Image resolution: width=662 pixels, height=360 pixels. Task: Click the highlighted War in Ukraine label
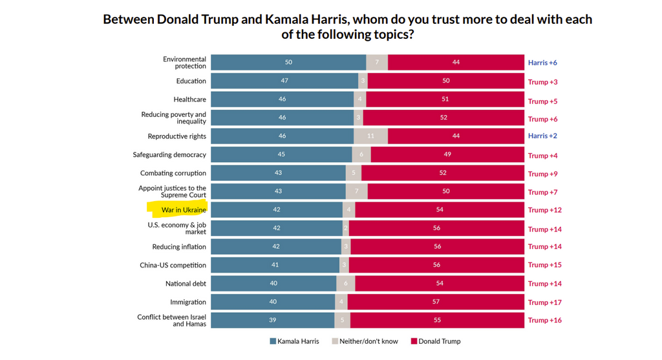184,210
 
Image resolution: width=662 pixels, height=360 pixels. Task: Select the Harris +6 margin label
542,63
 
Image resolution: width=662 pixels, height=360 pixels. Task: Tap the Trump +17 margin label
545,302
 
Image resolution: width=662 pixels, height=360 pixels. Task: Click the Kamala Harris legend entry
294,341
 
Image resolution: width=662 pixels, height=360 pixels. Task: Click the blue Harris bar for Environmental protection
288,63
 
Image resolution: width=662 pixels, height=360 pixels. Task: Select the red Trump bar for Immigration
436,302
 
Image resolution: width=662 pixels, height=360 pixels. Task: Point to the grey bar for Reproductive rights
370,136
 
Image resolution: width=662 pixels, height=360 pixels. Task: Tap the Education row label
191,81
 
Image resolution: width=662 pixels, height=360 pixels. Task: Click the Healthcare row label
189,100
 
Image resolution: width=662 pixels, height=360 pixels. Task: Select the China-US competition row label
173,265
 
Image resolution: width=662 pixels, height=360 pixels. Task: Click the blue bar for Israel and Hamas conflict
272,321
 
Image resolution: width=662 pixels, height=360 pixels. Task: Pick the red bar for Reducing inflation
436,247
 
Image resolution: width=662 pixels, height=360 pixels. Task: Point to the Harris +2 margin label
542,136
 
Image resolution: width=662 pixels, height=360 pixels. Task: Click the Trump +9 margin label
542,174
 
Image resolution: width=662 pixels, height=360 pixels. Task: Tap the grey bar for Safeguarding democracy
361,155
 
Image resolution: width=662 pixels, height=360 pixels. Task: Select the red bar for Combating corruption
442,174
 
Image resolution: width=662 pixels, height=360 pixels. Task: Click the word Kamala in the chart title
289,19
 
